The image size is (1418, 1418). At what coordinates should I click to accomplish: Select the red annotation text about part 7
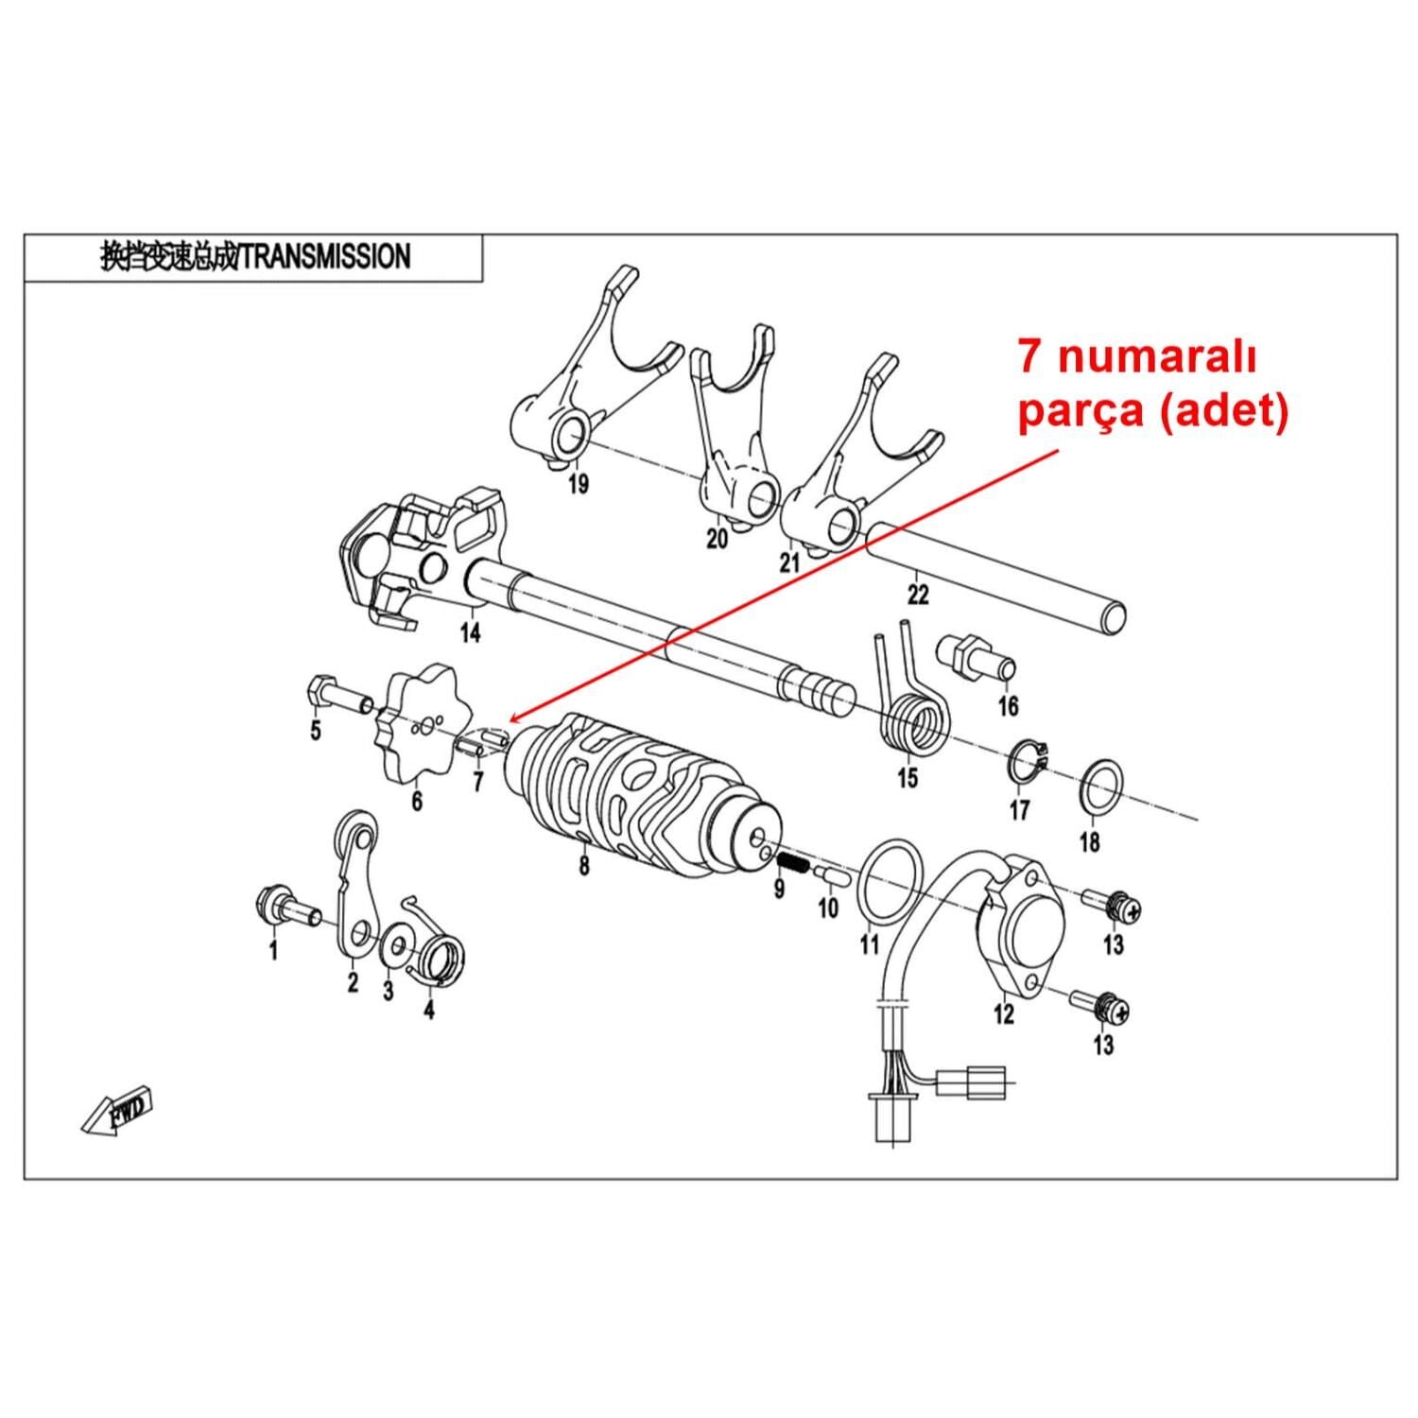1151,387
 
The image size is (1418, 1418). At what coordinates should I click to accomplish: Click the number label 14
470,632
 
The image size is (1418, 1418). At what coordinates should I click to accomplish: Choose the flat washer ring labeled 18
1099,785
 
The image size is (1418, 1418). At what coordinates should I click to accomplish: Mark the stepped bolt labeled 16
974,656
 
